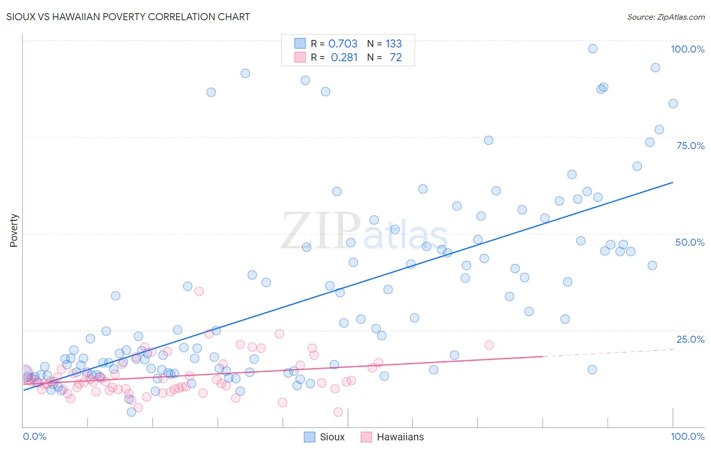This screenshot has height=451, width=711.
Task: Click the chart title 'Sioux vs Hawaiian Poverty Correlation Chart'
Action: (128, 17)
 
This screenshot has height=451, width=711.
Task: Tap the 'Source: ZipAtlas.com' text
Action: (665, 17)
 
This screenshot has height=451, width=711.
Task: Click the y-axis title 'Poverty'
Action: (14, 231)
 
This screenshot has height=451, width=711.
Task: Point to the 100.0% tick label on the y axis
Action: (687, 49)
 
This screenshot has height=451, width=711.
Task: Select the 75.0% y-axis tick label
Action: (690, 146)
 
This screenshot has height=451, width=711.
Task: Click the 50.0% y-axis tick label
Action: (690, 242)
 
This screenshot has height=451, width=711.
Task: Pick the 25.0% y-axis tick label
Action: (690, 339)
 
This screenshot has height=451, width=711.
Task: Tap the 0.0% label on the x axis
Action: (34, 436)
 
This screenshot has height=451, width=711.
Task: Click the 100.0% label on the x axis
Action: (687, 436)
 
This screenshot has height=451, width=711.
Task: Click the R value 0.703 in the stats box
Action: (343, 44)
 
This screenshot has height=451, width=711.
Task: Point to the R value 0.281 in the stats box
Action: (344, 58)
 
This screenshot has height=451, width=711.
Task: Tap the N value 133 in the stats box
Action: (393, 44)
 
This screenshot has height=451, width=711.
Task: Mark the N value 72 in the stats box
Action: (395, 58)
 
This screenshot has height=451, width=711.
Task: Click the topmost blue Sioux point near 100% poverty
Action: (593, 49)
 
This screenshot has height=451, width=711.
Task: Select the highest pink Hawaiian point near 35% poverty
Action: (199, 291)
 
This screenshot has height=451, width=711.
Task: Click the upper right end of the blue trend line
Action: (673, 182)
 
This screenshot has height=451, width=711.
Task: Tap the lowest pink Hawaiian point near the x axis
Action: (338, 412)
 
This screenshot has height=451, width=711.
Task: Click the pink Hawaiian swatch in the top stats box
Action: (300, 57)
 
